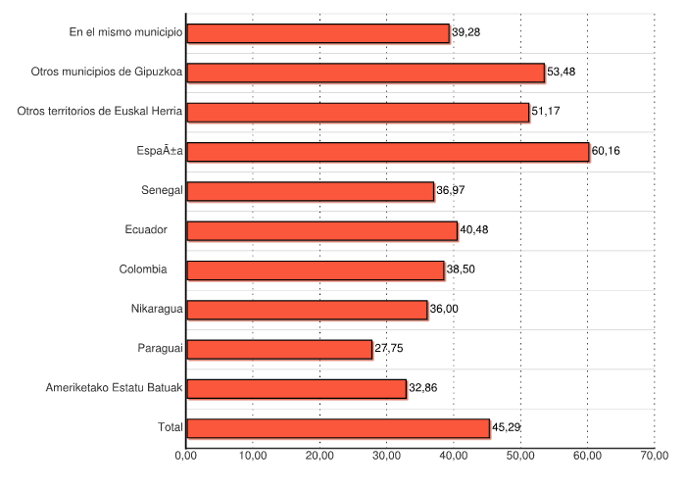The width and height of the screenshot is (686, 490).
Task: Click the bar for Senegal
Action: pos(310,191)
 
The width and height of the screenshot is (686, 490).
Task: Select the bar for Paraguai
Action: pos(279,349)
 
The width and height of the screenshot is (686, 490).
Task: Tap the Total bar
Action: pos(338,428)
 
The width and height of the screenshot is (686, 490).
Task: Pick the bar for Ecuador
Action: pos(321,230)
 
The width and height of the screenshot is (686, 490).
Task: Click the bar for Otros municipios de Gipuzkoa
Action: pos(365,73)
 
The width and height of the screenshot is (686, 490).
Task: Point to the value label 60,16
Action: pos(607,151)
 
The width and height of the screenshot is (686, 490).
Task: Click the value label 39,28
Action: pos(466,33)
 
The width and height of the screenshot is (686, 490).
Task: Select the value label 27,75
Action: pos(389,349)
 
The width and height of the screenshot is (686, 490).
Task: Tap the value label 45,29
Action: pos(507,428)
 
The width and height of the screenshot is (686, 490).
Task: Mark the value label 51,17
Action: pos(546,112)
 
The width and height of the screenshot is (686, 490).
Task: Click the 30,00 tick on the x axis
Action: pos(386,455)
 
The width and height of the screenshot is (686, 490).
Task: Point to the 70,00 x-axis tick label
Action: pos(655,455)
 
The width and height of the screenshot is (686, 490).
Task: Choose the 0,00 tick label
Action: pos(186,455)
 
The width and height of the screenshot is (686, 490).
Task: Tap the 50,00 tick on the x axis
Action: pos(520,455)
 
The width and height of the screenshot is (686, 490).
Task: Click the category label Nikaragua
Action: pos(157,310)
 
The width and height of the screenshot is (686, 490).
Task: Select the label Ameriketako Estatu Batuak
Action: pos(115,388)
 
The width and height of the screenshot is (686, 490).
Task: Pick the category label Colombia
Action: pos(143,269)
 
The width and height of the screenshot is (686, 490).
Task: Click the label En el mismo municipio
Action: pos(126,33)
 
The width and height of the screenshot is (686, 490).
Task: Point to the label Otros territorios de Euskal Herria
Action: pos(100,112)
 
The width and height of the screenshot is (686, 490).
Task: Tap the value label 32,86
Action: pos(423,388)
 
